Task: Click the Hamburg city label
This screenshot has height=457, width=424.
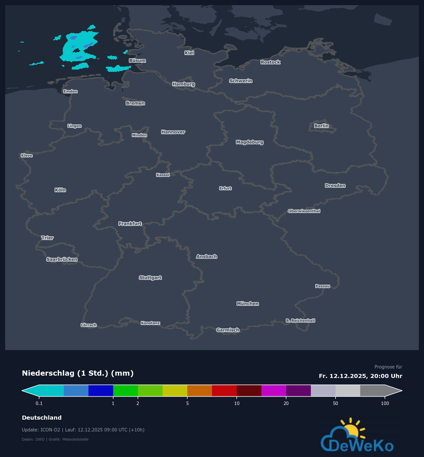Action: point(184,84)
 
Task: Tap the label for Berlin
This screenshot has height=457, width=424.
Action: point(321,126)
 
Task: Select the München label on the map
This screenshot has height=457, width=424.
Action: point(248,304)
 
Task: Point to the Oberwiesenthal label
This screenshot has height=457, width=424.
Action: point(304,211)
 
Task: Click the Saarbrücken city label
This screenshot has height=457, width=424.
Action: point(62,260)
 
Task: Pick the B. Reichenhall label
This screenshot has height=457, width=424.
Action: point(300,320)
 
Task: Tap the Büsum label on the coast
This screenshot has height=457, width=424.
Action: point(137,61)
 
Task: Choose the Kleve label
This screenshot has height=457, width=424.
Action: point(27,155)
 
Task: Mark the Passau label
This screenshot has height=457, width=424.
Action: point(323,286)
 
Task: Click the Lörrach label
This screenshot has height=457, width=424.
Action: point(88,325)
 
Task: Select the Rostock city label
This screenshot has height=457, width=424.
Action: point(270,62)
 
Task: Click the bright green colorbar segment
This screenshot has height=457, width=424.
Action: point(126,391)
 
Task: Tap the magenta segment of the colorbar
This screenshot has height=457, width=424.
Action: point(274,391)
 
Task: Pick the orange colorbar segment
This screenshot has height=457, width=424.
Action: point(200,391)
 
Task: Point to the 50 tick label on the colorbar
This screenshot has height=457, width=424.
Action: point(336,403)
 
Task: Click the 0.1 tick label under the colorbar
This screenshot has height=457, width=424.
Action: point(39,403)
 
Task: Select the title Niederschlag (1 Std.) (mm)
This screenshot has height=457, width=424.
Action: point(78,373)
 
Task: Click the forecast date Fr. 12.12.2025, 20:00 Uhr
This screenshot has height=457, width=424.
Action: point(361,376)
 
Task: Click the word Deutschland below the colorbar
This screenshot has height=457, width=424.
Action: point(42,418)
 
